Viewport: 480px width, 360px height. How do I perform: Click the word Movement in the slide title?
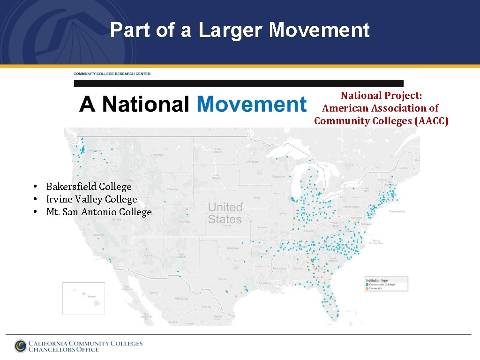click(319, 31)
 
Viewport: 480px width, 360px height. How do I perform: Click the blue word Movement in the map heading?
click(251, 104)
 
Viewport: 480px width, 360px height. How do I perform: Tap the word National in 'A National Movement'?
click(146, 104)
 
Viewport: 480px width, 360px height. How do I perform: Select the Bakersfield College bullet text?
click(89, 187)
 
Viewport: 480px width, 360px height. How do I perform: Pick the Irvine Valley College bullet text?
click(91, 199)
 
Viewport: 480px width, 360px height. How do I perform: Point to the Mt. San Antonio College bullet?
click(99, 212)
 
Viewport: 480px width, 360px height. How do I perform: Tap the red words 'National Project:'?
click(381, 96)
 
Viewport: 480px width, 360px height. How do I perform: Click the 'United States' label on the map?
click(225, 213)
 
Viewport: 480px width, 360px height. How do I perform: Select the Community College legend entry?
click(382, 285)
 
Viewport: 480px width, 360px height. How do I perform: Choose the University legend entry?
click(376, 288)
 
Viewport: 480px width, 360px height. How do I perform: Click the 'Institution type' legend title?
click(377, 280)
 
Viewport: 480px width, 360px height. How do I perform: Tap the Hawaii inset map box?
click(77, 298)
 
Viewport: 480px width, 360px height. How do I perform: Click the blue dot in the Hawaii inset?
click(84, 294)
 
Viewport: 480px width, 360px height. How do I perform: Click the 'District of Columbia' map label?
click(377, 242)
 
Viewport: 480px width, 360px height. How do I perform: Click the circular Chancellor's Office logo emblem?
click(20, 346)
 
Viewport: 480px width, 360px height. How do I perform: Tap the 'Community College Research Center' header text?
click(112, 74)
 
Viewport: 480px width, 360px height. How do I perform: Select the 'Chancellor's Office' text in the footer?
click(64, 350)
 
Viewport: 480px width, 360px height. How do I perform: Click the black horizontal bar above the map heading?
click(239, 83)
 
